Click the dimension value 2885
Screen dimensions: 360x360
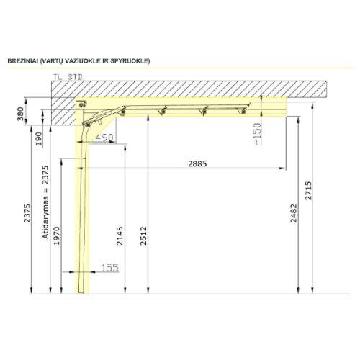pyautogui.click(x=197, y=163)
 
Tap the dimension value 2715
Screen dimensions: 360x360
pyautogui.click(x=308, y=191)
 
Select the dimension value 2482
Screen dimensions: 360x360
pyautogui.click(x=294, y=213)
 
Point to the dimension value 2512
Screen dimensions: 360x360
pyautogui.click(x=143, y=235)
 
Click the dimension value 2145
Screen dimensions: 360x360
pyautogui.click(x=120, y=235)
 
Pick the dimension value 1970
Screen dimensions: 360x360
pyautogui.click(x=56, y=235)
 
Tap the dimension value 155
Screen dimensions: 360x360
pyautogui.click(x=110, y=268)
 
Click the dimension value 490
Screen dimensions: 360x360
pyautogui.click(x=104, y=138)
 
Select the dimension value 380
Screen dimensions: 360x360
pyautogui.click(x=20, y=114)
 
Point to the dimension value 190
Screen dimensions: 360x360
pyautogui.click(x=38, y=138)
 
